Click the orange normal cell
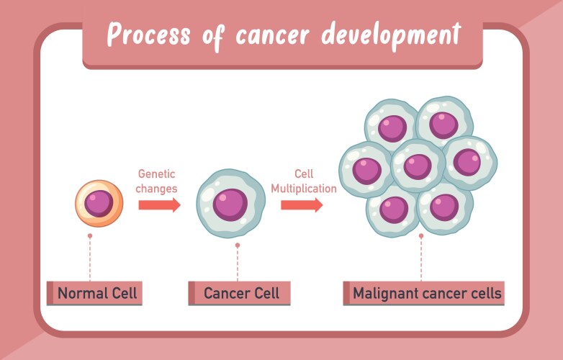(x=99, y=203)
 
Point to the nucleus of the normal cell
(x=99, y=204)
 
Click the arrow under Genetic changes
(x=159, y=205)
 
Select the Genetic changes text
(x=157, y=181)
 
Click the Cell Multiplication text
(x=303, y=181)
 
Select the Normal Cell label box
(x=94, y=293)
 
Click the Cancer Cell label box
(x=239, y=293)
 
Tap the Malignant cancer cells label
(x=423, y=293)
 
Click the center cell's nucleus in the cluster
(x=418, y=166)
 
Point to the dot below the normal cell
(x=90, y=235)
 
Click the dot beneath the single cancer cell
(x=238, y=246)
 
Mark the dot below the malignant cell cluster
(x=421, y=235)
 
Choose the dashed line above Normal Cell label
(x=90, y=259)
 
